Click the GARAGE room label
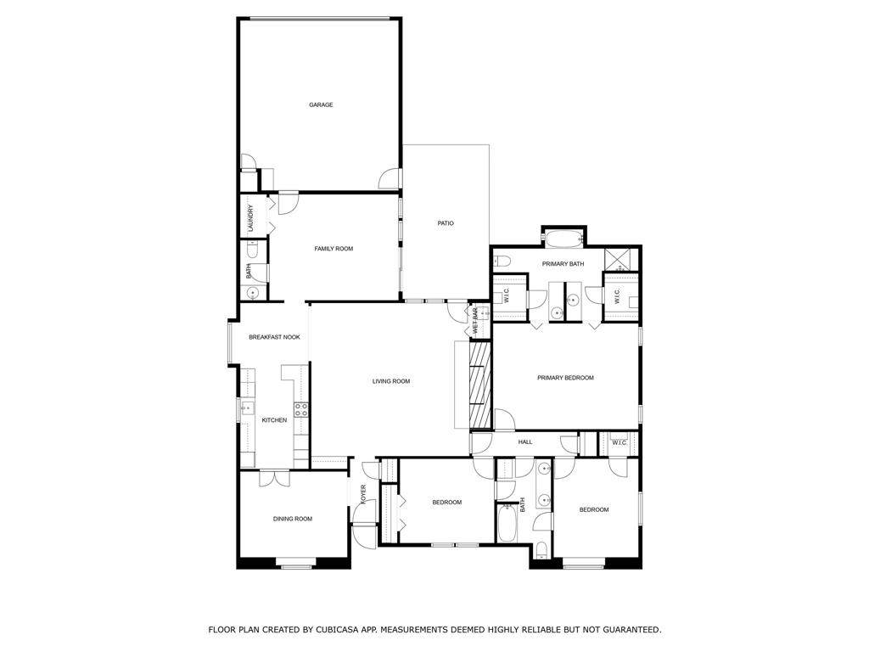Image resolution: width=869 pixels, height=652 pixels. click(x=321, y=104)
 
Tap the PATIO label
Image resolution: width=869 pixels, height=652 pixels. click(x=446, y=223)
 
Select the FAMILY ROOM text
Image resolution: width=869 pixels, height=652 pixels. click(x=334, y=249)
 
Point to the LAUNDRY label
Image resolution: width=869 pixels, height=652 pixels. click(x=250, y=218)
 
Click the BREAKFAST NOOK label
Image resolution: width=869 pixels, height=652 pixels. click(x=274, y=337)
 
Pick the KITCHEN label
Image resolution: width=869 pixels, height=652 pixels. click(x=274, y=420)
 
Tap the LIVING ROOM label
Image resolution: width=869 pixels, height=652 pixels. click(x=391, y=381)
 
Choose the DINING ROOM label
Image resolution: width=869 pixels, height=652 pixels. click(x=293, y=519)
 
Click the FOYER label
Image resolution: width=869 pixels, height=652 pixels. click(x=363, y=495)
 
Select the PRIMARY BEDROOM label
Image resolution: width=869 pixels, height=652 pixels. click(x=565, y=378)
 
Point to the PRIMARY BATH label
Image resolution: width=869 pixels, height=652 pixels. click(x=563, y=264)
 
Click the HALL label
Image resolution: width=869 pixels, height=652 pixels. click(x=525, y=441)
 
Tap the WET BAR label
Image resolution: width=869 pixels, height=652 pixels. click(x=475, y=320)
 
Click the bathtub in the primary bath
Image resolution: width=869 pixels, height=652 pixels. click(x=564, y=239)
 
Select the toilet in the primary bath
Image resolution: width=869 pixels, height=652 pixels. click(x=502, y=260)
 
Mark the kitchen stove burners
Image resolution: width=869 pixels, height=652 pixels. click(x=301, y=410)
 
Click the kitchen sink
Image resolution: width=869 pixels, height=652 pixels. click(x=247, y=410)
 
